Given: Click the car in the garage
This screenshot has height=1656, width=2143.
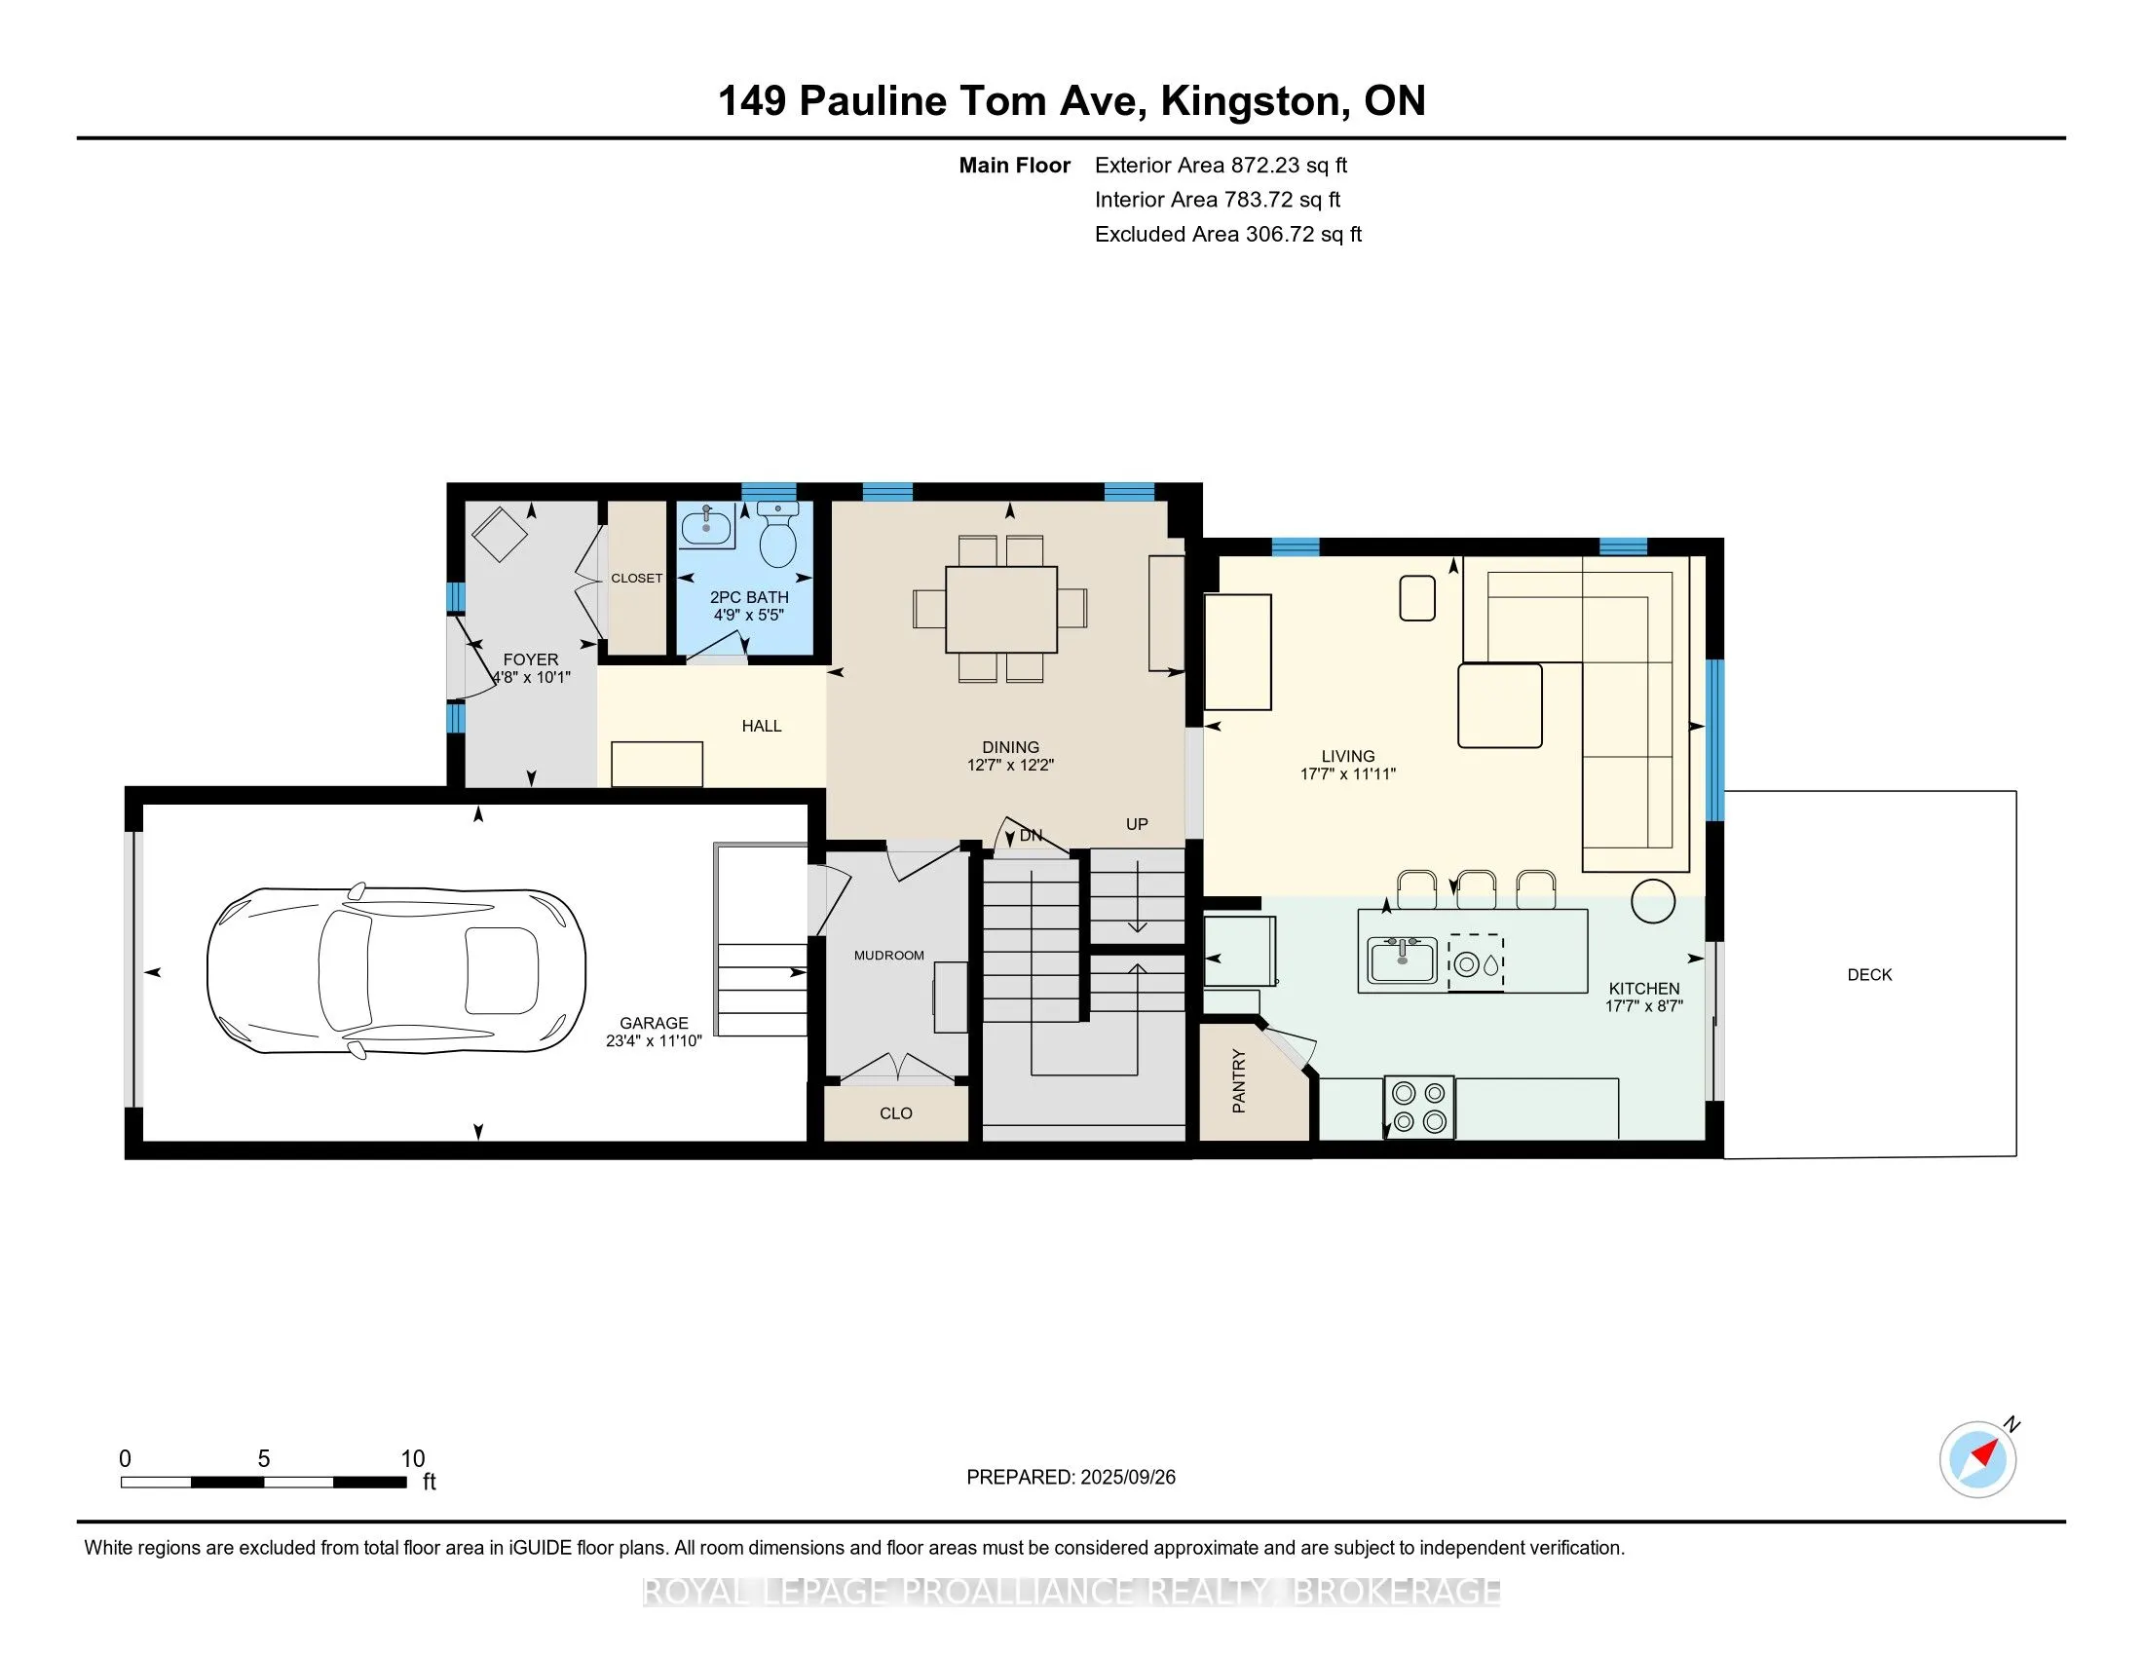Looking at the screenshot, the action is coord(395,971).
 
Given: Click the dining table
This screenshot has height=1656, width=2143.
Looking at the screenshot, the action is coord(1000,609).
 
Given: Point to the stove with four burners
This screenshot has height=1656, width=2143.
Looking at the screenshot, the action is coord(1419,1108).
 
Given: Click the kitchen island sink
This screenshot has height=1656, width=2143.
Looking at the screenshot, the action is coord(1403,960).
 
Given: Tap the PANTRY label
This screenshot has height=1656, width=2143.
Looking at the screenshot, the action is coord(1238,1081).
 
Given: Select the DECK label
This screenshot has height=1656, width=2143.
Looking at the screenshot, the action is coord(1869,974).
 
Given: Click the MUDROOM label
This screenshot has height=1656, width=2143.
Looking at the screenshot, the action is coord(889,956).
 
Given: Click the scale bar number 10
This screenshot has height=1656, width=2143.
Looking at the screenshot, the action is coord(413,1459).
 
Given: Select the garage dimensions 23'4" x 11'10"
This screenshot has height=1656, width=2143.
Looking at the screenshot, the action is coord(654,1041).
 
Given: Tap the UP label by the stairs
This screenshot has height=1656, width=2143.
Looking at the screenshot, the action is coord(1137,824).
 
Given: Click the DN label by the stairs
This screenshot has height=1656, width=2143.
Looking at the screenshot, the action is coord(1032,836).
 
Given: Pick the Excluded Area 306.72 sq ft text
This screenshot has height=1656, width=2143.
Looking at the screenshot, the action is coord(1228,235).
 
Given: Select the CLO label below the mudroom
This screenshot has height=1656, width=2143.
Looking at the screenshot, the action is coord(896,1113).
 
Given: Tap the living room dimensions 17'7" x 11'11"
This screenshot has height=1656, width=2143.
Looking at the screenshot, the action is coord(1347,774).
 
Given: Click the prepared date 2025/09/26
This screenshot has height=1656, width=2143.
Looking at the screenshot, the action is coord(1127,1478).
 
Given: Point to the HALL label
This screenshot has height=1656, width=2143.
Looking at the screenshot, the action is coord(762,726).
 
